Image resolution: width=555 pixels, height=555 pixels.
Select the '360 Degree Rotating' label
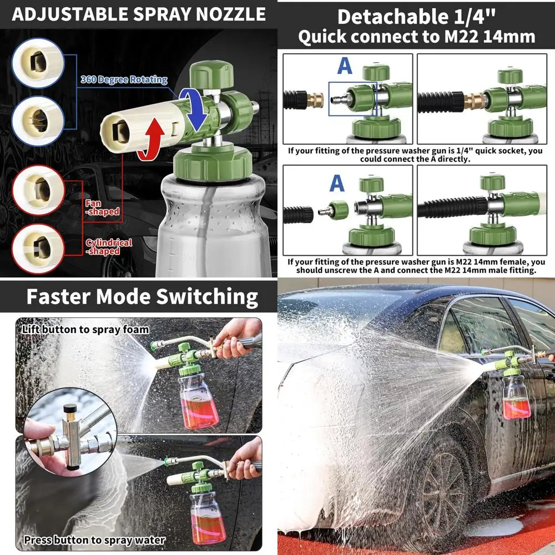click(124, 80)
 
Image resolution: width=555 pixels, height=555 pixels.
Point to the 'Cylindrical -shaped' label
click(109, 246)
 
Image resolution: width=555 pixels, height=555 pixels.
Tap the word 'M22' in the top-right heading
click(461, 37)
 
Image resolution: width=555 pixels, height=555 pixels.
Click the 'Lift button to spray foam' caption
click(85, 330)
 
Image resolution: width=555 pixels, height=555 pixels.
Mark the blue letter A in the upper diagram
click(345, 65)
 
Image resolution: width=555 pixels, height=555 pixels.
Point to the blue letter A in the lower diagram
click(337, 183)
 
